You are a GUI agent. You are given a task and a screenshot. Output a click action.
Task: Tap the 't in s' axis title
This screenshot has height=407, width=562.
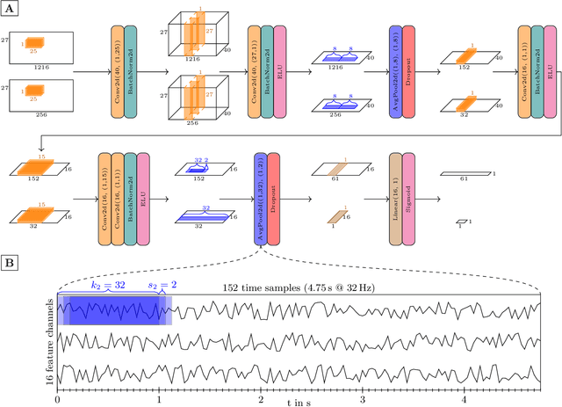(299, 401)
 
